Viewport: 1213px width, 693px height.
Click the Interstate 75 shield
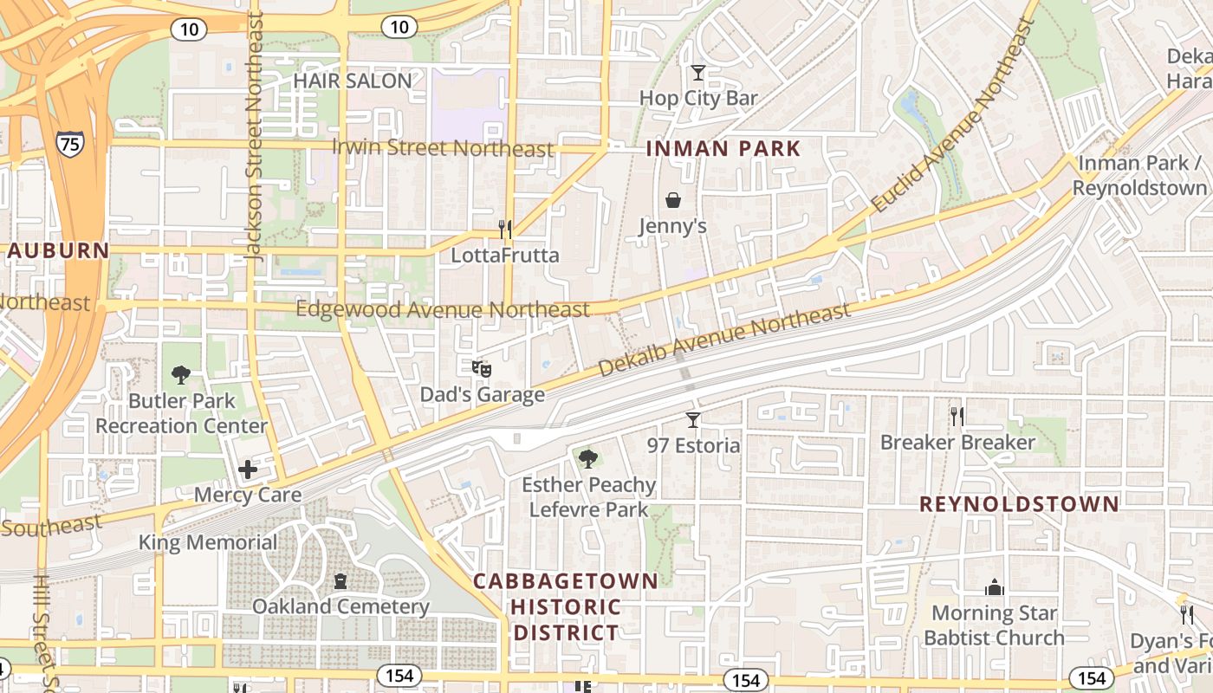pos(69,143)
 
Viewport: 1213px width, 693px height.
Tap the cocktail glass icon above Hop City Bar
pos(698,73)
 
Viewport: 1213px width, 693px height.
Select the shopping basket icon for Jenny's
pos(673,201)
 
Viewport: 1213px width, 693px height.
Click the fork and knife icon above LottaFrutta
pos(505,230)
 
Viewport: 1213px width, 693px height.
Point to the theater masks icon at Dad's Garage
pos(482,369)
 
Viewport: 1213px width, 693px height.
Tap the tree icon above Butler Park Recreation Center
pos(181,375)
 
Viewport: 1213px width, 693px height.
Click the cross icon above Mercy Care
pos(248,470)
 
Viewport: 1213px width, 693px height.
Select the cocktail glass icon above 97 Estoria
pos(693,420)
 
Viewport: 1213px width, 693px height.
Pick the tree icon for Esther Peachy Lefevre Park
pos(588,458)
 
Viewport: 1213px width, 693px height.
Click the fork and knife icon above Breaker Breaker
pos(957,417)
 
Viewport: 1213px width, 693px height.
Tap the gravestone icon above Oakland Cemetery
pos(341,581)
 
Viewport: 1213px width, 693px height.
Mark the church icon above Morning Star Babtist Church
pos(994,587)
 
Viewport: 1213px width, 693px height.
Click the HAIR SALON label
pos(352,81)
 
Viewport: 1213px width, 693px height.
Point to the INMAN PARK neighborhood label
pos(723,149)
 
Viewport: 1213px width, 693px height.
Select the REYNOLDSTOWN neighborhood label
pos(1019,504)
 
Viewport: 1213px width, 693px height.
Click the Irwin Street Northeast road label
pos(442,147)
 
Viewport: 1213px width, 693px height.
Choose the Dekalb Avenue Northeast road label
pos(723,340)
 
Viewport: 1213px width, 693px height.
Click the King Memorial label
pos(209,543)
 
